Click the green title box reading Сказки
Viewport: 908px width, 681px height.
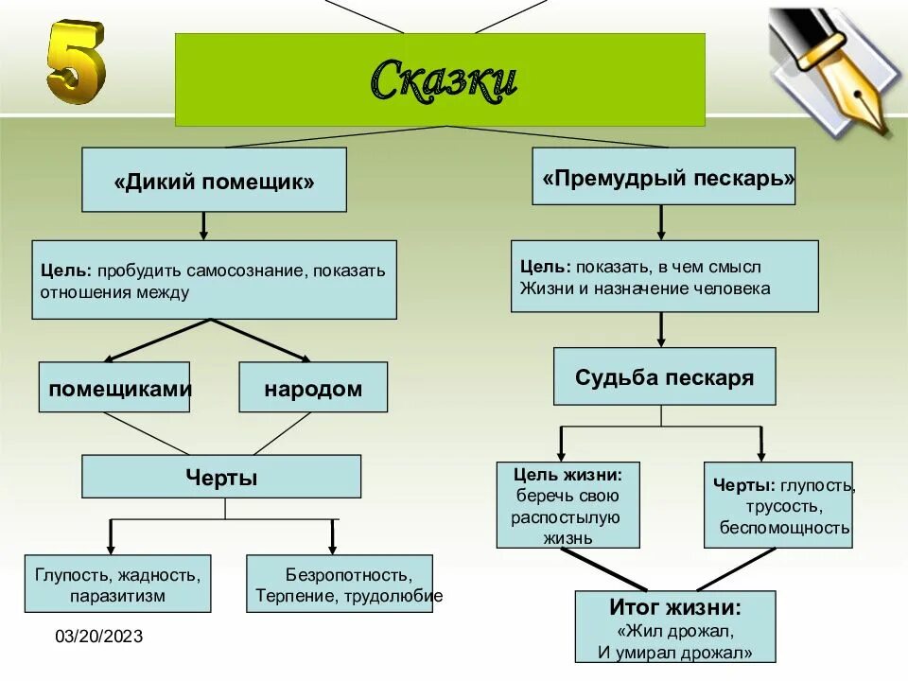(440, 79)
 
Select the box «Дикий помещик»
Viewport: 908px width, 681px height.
(214, 180)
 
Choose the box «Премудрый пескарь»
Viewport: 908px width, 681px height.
(663, 176)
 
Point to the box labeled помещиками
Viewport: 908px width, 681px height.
(114, 387)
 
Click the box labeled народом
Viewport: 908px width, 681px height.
(313, 387)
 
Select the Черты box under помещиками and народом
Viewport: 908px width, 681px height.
(221, 476)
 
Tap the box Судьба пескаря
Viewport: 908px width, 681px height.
(664, 376)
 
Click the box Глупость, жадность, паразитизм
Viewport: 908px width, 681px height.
(117, 584)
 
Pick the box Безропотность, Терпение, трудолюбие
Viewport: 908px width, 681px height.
(340, 584)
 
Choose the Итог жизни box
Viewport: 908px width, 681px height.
(674, 626)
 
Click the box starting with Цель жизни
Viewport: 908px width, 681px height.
(567, 504)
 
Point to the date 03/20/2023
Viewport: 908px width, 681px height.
(98, 637)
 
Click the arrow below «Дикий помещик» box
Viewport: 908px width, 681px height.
(203, 225)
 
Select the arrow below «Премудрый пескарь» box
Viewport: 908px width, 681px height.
(661, 222)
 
